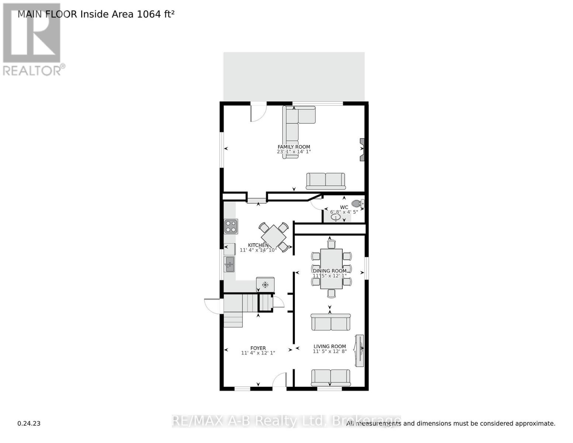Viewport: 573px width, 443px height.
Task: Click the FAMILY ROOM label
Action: [x=294, y=147]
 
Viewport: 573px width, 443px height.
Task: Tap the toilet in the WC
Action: [x=357, y=203]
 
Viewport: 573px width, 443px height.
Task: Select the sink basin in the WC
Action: [x=336, y=217]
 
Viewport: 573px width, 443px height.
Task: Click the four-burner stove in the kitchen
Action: [x=231, y=226]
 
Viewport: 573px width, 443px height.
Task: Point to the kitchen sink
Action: [x=229, y=264]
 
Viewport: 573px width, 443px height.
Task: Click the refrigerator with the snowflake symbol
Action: [x=265, y=285]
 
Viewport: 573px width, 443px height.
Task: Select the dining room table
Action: [x=331, y=269]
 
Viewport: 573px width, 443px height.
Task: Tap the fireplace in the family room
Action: [x=362, y=150]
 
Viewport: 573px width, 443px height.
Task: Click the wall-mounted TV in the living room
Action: [x=359, y=351]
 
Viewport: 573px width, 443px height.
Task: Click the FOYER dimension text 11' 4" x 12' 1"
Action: [x=258, y=353]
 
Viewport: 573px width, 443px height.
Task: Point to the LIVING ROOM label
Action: [x=329, y=346]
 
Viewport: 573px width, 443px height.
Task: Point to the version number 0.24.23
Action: [x=29, y=423]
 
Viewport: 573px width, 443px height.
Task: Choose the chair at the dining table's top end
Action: [x=331, y=244]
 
